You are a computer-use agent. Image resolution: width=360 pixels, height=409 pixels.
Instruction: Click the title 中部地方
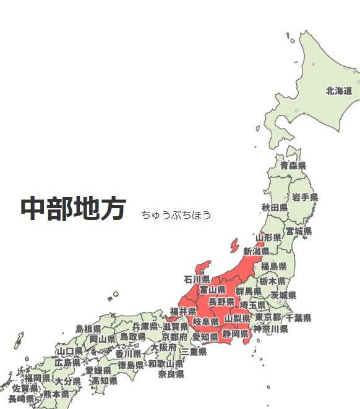click(74, 209)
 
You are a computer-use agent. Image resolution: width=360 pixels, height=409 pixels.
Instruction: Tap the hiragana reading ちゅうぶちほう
click(176, 215)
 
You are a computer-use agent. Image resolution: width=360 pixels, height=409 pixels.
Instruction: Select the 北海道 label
click(339, 91)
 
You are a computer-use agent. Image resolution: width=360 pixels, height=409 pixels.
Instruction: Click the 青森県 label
click(293, 166)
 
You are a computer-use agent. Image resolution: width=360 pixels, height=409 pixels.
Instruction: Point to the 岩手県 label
click(305, 197)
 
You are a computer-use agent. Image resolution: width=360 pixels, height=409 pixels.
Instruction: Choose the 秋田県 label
click(274, 207)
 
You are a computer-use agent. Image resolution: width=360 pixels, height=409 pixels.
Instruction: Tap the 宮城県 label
click(298, 231)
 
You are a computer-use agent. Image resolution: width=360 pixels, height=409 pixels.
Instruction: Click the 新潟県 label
click(256, 251)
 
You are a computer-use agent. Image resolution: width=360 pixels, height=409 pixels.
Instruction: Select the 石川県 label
click(197, 280)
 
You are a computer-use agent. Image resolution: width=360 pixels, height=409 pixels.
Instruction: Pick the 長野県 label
click(221, 301)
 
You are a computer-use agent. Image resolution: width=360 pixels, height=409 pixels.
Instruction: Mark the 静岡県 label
click(236, 334)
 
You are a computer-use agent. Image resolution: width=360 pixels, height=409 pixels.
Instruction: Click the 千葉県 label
click(298, 318)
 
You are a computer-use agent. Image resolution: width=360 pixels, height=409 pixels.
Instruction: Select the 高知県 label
click(104, 381)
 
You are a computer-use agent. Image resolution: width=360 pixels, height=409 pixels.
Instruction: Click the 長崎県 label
click(21, 398)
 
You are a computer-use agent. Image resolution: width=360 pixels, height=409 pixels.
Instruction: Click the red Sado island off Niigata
click(233, 246)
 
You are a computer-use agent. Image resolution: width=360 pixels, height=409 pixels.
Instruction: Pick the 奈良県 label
click(171, 374)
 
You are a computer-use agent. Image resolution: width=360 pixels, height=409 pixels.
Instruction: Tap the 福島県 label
click(273, 266)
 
